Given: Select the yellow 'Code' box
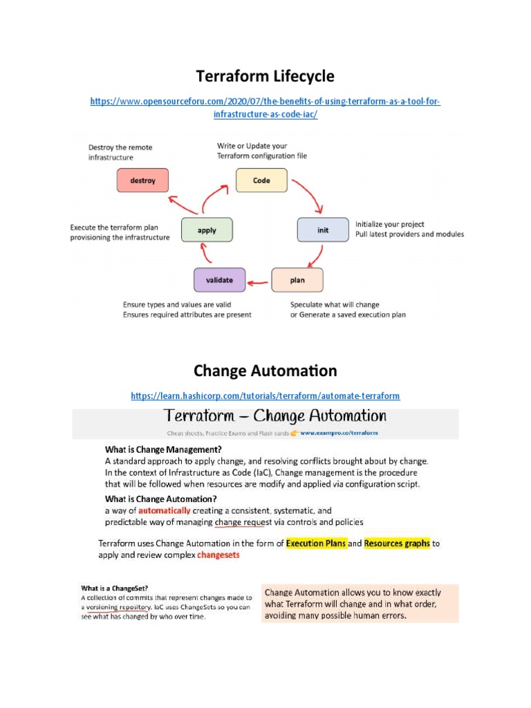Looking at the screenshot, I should coord(261,180).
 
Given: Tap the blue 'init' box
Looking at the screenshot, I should coord(323,230).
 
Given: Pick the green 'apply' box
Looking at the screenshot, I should coord(207,230).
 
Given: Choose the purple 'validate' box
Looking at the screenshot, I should coord(218,280).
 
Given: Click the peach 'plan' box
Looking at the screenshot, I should coord(297,280).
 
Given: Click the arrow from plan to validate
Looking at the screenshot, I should coord(259,281).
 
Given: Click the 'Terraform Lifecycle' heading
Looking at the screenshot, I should coord(265,75).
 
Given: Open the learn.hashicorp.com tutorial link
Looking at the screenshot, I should coord(265,395).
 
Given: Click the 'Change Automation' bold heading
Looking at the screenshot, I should coord(265,371).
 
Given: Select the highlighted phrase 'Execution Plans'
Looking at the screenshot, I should coord(315,543).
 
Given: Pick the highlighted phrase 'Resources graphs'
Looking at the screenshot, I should coord(397,543).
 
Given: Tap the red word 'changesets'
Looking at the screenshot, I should coord(218,555).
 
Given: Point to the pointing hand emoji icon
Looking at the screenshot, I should coord(293,434).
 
